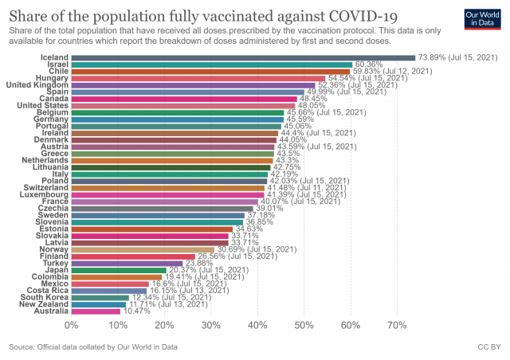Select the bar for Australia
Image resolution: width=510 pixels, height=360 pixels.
(x=96, y=311)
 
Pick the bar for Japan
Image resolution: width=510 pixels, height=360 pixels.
(x=119, y=270)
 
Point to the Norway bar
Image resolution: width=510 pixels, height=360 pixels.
(x=143, y=249)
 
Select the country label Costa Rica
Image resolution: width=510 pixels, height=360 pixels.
(x=47, y=291)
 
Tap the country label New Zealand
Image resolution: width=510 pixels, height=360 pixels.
(x=43, y=304)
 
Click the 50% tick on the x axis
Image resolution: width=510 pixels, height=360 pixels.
(x=304, y=326)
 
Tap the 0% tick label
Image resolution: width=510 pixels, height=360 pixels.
(x=72, y=326)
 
